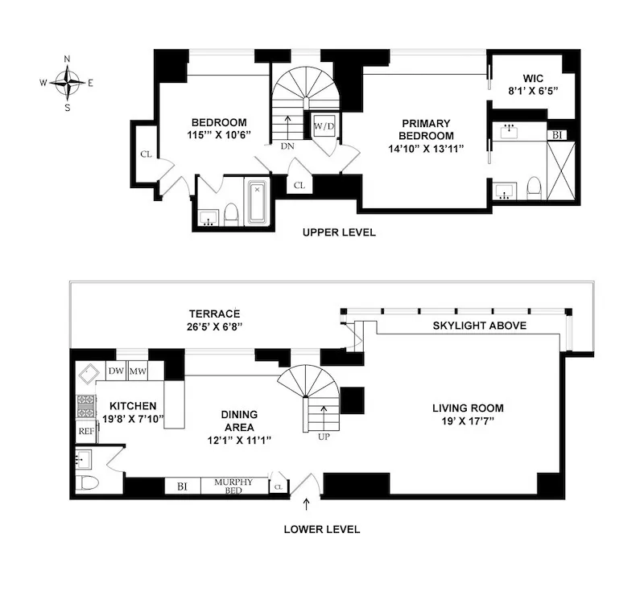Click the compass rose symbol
[67, 81]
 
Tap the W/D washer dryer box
[324, 127]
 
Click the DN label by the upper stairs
[287, 147]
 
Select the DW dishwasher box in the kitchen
[115, 371]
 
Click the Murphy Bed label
[233, 486]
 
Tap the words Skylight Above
[479, 326]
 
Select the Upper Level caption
[339, 232]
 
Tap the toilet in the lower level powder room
[87, 483]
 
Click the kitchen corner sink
[88, 372]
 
